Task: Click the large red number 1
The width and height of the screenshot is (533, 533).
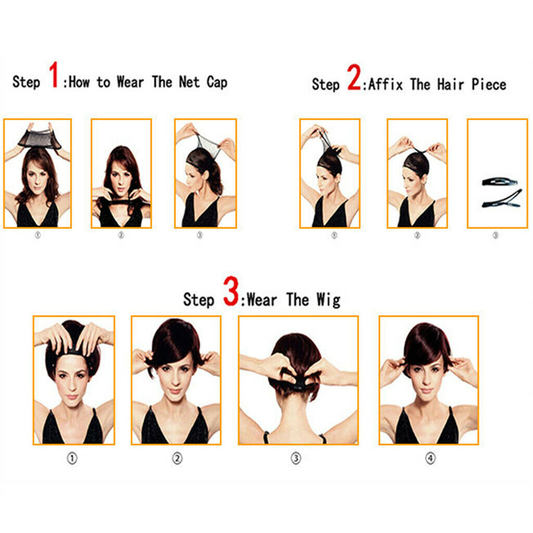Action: point(54,75)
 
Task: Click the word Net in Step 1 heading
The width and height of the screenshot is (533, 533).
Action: point(191,82)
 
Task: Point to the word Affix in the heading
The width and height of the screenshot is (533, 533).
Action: point(386,84)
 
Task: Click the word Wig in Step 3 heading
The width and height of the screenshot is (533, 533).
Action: point(328,300)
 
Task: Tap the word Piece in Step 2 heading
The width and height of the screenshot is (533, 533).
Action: point(489,84)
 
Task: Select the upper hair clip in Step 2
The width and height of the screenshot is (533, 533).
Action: point(500,182)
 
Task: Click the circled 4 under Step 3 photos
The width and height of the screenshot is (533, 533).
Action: point(430,459)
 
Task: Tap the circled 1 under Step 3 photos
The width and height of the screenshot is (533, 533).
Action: point(72,459)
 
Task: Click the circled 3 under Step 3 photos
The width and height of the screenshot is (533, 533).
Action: point(296,459)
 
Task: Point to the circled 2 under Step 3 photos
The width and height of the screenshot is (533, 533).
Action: point(177,459)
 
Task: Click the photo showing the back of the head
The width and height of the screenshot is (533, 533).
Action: point(298,380)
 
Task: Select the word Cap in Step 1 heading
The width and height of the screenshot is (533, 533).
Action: point(217,82)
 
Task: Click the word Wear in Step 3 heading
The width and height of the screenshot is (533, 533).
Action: point(263,300)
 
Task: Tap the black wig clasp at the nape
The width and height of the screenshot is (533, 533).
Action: point(299,386)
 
